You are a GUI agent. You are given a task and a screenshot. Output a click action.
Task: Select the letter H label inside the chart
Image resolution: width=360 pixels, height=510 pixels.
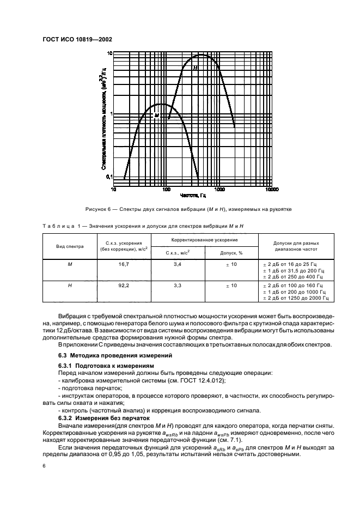point(194,68)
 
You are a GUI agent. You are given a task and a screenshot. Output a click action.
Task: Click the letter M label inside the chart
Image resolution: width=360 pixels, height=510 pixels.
point(156,115)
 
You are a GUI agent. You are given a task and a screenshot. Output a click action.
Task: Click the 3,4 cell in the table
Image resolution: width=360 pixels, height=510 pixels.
point(177,264)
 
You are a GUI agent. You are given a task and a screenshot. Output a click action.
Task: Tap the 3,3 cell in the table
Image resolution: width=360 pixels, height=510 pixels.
point(177,285)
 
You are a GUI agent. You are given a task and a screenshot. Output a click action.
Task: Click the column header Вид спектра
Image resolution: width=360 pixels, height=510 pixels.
point(70,246)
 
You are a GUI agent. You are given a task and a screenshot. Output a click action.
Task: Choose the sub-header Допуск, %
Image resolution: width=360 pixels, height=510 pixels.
point(231,253)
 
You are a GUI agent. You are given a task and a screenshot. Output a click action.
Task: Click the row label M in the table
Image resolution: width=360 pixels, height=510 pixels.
point(70,264)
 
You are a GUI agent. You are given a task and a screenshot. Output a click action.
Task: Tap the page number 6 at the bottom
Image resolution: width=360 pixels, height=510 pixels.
point(44,465)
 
